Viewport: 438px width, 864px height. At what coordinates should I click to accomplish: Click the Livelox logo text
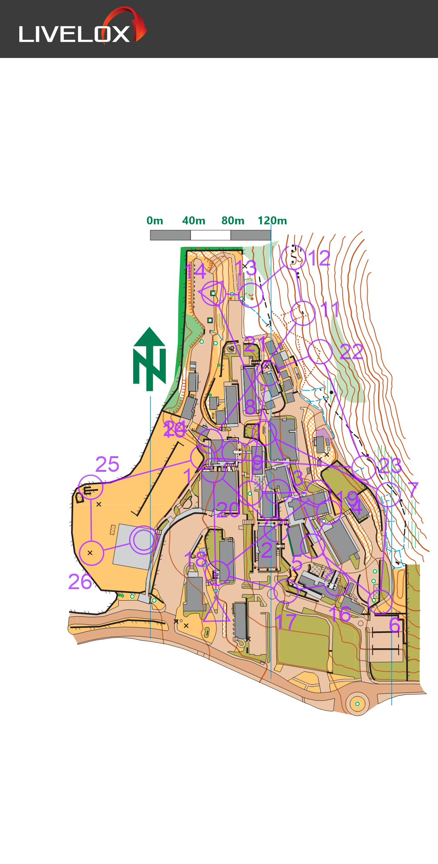[x=74, y=34]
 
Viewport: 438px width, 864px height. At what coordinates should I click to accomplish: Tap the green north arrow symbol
[x=150, y=359]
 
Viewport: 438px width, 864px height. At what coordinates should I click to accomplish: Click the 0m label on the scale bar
[x=155, y=221]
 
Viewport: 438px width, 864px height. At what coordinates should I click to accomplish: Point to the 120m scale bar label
[x=272, y=221]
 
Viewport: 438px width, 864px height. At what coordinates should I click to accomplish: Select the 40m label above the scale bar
[x=194, y=221]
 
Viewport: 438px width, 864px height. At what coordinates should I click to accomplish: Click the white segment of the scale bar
[x=210, y=235]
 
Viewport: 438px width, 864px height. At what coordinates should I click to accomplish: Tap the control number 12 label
[x=319, y=258]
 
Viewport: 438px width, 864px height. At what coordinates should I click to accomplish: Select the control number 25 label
[x=107, y=464]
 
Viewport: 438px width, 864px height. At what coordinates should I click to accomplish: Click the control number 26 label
[x=80, y=582]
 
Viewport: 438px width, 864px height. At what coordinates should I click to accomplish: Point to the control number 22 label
[x=352, y=351]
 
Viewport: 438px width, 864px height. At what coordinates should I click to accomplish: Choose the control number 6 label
[x=395, y=625]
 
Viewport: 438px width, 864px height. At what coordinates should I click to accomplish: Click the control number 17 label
[x=286, y=622]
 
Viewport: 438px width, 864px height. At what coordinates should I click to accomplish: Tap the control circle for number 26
[x=91, y=553]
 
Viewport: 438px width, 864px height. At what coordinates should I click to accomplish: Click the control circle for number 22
[x=320, y=351]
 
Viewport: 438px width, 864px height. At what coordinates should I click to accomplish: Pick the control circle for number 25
[x=90, y=487]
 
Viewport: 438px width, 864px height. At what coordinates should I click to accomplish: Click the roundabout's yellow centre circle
[x=357, y=704]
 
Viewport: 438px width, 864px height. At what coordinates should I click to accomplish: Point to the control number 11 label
[x=330, y=310]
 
